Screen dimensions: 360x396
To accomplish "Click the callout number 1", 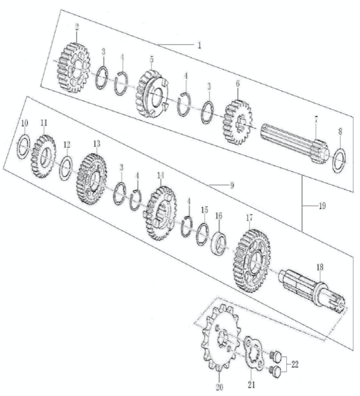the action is (x=200, y=46).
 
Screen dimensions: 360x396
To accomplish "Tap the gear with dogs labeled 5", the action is (x=151, y=93).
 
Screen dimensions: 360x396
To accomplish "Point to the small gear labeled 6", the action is (x=237, y=122).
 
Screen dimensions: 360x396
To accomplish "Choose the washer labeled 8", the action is (x=339, y=161).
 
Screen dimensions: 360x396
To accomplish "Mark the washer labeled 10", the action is (x=24, y=147).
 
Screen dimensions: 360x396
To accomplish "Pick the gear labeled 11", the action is (x=43, y=156).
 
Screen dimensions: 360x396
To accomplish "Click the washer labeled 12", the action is (x=66, y=168).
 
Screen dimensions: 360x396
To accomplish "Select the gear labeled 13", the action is (x=91, y=179).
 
